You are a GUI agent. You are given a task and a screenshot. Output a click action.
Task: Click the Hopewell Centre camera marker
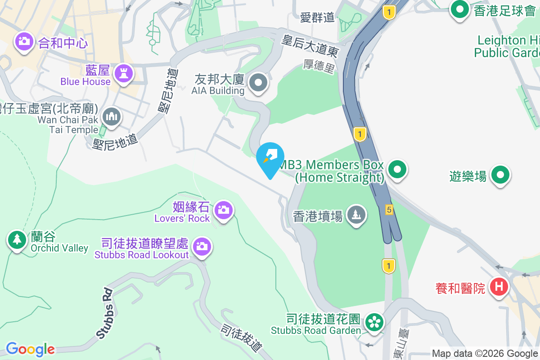[x=24, y=42]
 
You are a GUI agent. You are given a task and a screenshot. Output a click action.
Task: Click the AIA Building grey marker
[x=258, y=83]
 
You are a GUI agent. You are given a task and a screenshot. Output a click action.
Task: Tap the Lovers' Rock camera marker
[x=223, y=210]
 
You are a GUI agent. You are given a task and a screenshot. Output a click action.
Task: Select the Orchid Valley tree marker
[x=17, y=239]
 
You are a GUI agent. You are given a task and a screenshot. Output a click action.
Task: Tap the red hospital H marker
[x=499, y=286]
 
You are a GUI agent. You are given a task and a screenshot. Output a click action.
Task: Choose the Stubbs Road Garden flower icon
[x=373, y=322]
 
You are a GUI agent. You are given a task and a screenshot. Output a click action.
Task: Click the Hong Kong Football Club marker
[x=460, y=9]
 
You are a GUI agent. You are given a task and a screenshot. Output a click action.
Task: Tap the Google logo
[x=30, y=349]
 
